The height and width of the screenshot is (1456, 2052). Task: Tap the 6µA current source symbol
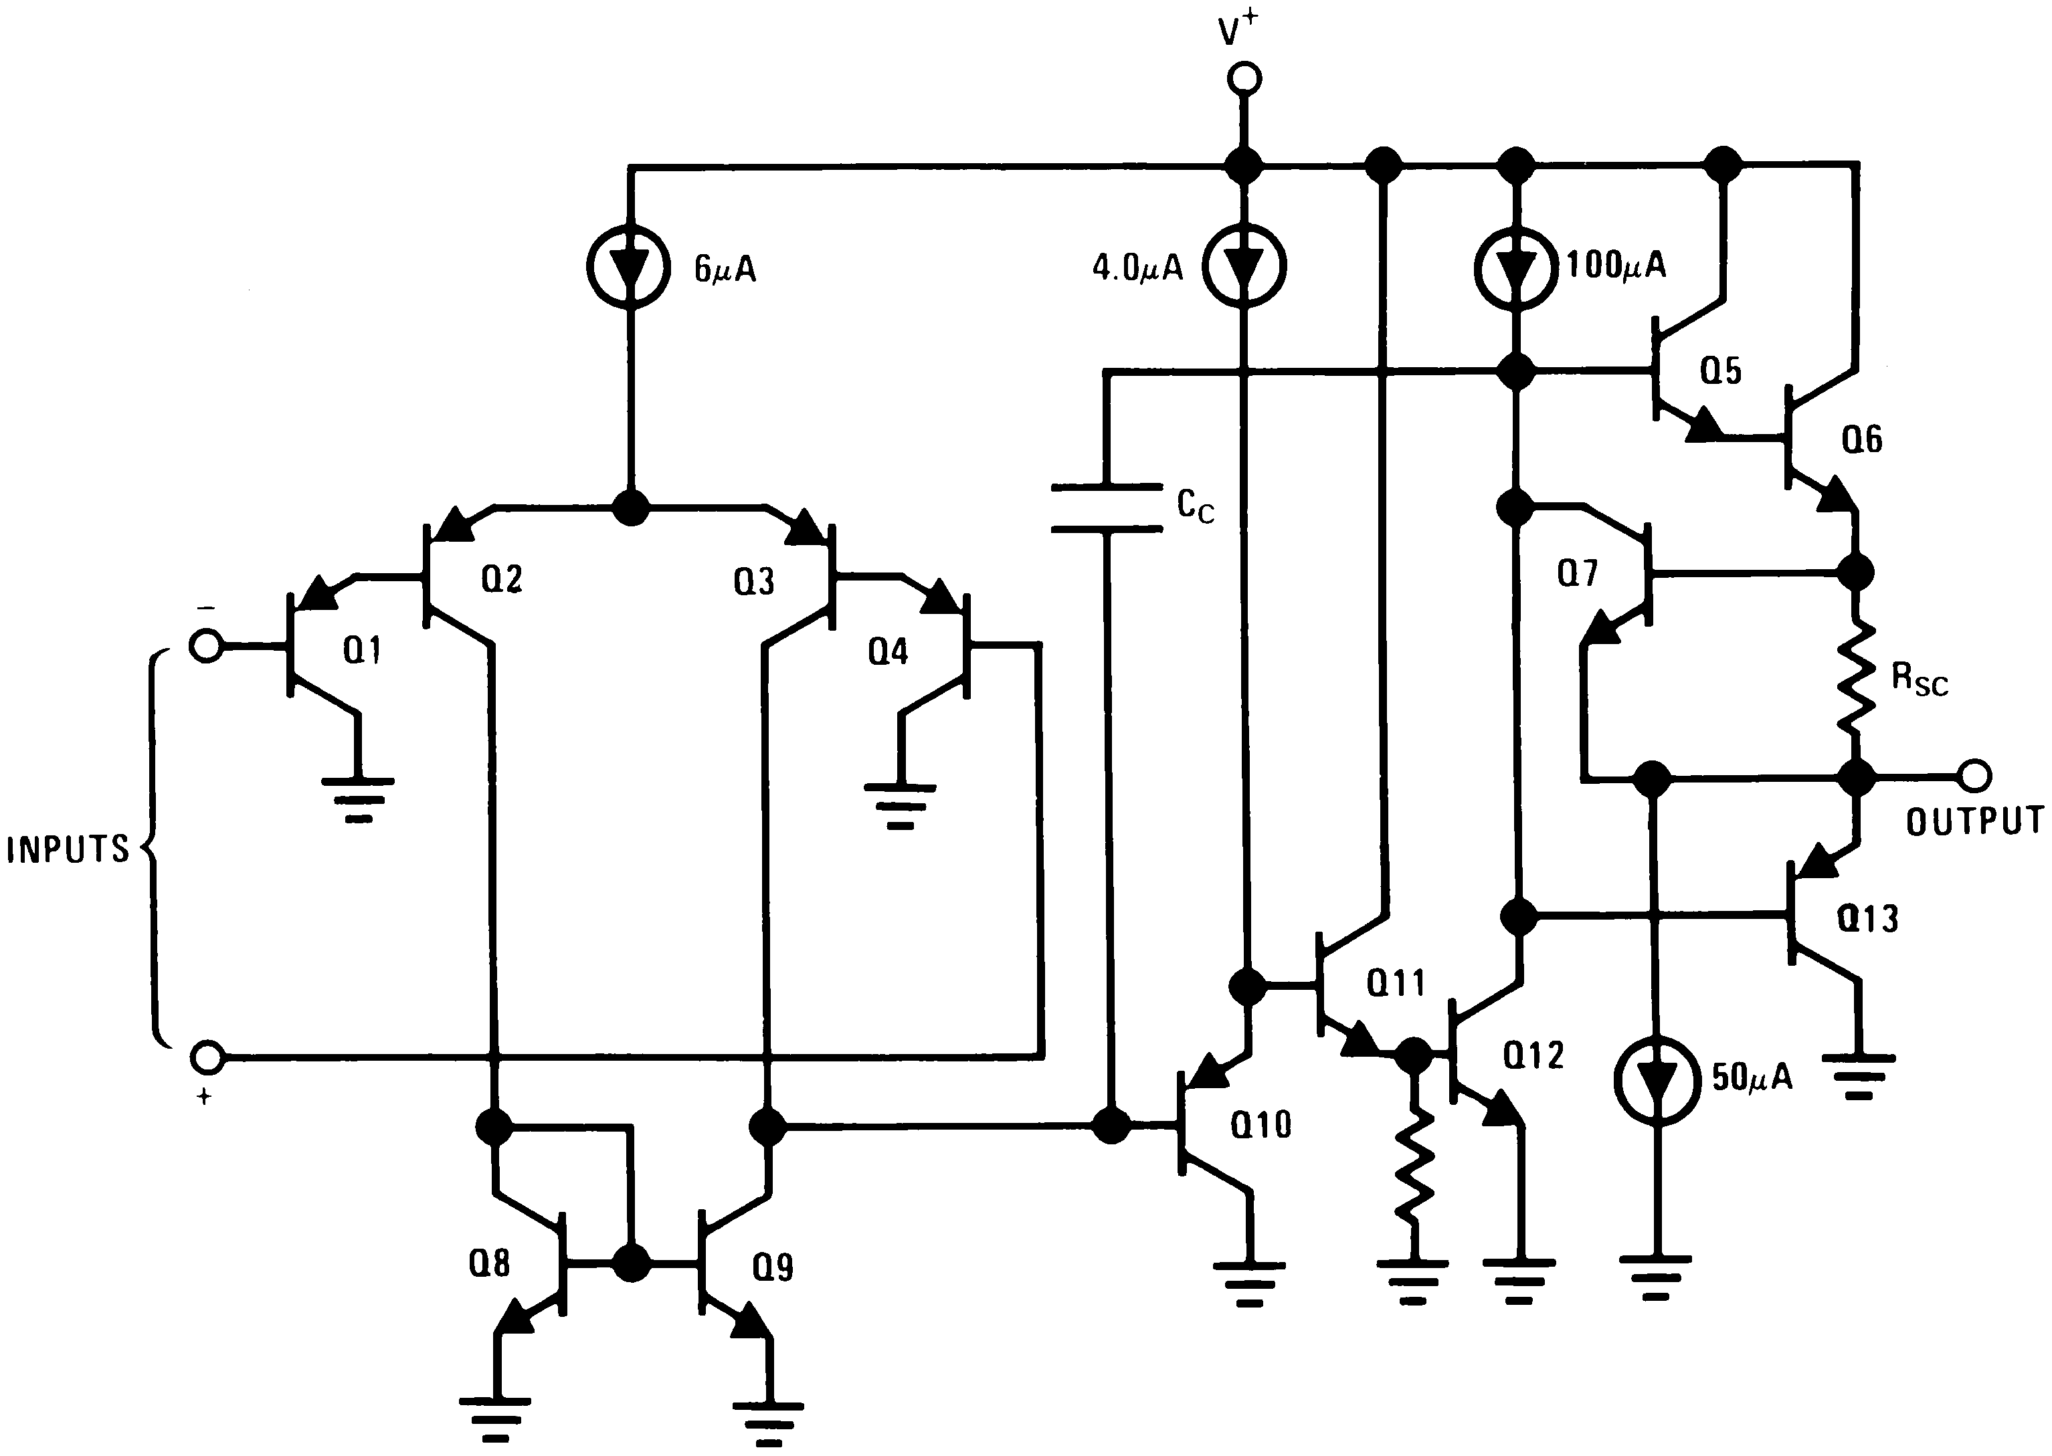[x=630, y=267]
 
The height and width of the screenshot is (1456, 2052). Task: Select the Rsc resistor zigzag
[x=1855, y=682]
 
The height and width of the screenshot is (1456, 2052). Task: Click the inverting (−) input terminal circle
[x=207, y=645]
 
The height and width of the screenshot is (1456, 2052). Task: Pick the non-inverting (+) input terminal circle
[x=207, y=1058]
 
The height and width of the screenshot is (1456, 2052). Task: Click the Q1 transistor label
[x=363, y=651]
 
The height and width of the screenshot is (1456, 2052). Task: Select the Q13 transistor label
[x=1868, y=919]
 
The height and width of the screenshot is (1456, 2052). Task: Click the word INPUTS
[x=68, y=849]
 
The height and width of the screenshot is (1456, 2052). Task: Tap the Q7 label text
[x=1578, y=572]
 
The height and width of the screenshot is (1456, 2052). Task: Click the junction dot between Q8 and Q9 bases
[x=632, y=1263]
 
